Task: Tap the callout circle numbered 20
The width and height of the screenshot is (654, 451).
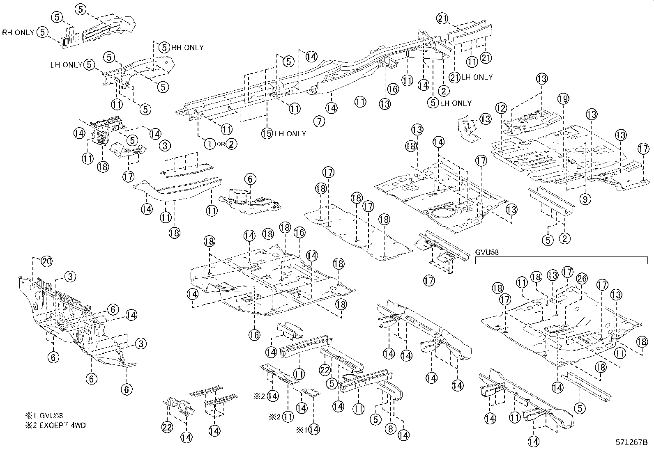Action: tap(47, 261)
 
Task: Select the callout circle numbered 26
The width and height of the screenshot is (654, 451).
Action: tap(581, 279)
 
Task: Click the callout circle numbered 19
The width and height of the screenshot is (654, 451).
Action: tap(563, 98)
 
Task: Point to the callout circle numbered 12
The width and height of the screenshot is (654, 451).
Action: tap(501, 108)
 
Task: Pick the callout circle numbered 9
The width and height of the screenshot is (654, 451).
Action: tap(585, 199)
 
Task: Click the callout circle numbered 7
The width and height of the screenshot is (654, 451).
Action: tap(319, 121)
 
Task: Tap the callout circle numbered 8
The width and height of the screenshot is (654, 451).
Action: tap(390, 429)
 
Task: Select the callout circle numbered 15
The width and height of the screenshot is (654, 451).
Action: tap(267, 133)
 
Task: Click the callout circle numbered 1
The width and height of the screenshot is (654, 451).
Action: tap(210, 144)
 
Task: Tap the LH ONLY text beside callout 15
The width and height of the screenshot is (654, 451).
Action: tap(290, 133)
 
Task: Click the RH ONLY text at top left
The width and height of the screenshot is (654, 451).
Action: tap(18, 32)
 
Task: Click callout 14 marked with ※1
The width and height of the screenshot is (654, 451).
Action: tap(314, 429)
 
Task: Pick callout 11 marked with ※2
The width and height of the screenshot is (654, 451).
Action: tap(288, 417)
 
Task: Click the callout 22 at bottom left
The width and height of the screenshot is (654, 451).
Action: tap(166, 427)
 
